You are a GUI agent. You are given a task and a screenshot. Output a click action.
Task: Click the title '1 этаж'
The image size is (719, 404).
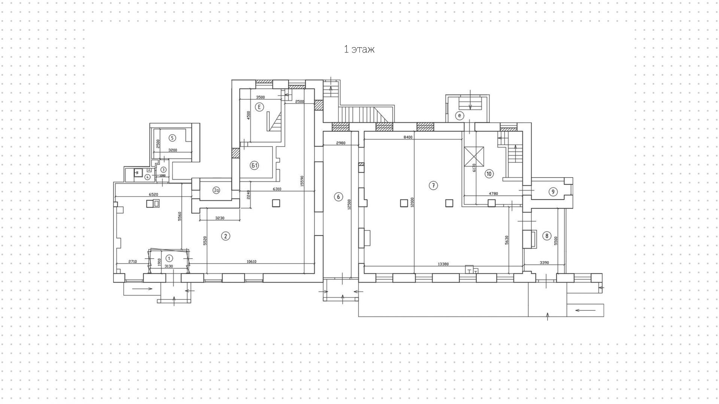coord(359,49)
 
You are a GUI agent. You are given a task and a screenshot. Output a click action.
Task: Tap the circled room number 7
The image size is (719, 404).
coord(433,186)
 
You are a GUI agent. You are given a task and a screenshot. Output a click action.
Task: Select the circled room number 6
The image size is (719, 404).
coord(338,197)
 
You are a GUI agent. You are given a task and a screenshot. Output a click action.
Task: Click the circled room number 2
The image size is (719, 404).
coord(225,236)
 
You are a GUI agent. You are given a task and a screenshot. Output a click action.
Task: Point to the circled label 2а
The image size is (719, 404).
coord(216,190)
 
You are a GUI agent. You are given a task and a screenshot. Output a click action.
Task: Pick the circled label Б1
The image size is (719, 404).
coord(255,165)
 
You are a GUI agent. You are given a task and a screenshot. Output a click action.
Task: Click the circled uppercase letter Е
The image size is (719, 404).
coord(259,107)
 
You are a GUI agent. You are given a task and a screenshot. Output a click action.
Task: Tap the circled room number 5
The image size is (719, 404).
coord(172,138)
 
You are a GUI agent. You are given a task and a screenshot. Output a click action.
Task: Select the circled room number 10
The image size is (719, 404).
coord(489,174)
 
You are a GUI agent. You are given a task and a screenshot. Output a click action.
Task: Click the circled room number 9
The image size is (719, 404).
coord(553,192)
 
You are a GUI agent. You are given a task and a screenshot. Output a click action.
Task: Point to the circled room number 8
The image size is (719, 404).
coord(547,236)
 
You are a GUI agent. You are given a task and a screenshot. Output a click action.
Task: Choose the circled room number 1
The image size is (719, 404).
coord(169,258)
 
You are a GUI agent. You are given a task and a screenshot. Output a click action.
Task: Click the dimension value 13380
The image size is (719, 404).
coord(443,264)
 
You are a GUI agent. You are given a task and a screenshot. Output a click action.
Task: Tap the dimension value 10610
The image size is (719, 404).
coord(252,262)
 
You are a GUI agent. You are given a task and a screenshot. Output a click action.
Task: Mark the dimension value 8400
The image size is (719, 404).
coord(408,137)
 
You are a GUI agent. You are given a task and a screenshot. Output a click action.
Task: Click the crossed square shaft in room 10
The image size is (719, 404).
coord(474,156)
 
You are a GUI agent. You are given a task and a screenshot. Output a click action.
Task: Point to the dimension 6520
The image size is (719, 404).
coord(154,195)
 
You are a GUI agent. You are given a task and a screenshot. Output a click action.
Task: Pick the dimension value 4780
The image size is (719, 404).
coord(494,194)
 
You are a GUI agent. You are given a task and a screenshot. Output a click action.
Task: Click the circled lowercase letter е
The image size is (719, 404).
coord(459,115)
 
